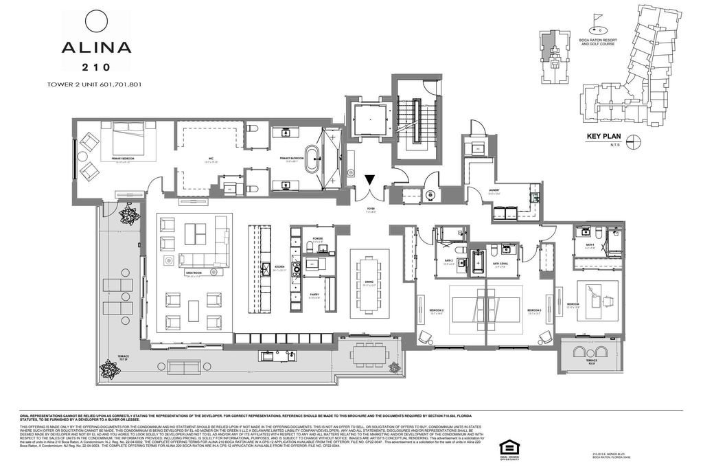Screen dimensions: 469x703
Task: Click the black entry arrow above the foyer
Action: [369, 180]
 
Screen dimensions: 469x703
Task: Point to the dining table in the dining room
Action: [369, 283]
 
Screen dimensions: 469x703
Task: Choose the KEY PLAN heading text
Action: [603, 137]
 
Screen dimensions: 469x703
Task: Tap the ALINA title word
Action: [96, 48]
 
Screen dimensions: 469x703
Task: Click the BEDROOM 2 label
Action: [437, 311]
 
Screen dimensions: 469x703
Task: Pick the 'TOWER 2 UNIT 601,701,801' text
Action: [94, 84]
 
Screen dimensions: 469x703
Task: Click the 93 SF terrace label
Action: [590, 362]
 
